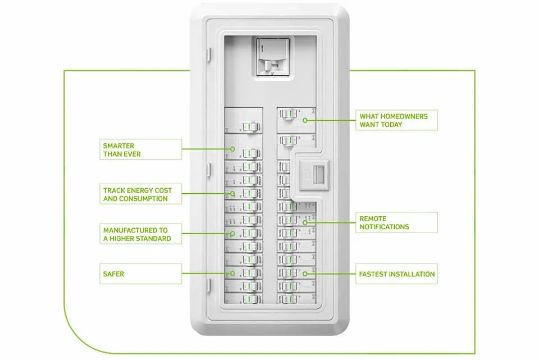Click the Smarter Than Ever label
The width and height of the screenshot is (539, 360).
tap(141, 149)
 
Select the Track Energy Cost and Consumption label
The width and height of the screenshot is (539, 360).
tap(141, 194)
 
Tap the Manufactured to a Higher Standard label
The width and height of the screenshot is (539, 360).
tap(141, 234)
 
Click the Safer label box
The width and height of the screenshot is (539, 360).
tap(141, 274)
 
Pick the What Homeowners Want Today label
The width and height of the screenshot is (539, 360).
tap(397, 120)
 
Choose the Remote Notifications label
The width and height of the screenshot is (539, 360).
tap(397, 222)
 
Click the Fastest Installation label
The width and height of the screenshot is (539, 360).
tap(397, 274)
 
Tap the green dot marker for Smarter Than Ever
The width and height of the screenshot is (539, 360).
tap(233, 149)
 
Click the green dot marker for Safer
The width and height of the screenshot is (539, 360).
tap(232, 274)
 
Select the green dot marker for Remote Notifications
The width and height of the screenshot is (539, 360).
tap(305, 222)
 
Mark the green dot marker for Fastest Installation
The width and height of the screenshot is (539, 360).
tap(305, 274)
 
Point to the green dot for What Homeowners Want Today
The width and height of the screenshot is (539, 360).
tap(305, 120)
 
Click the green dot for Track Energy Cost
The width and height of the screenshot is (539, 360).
tap(232, 194)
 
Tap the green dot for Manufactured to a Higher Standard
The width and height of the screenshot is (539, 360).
tap(232, 234)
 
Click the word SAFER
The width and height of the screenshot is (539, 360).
tap(114, 274)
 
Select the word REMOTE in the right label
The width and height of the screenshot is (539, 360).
tap(373, 218)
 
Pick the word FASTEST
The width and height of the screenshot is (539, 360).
tap(373, 274)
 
